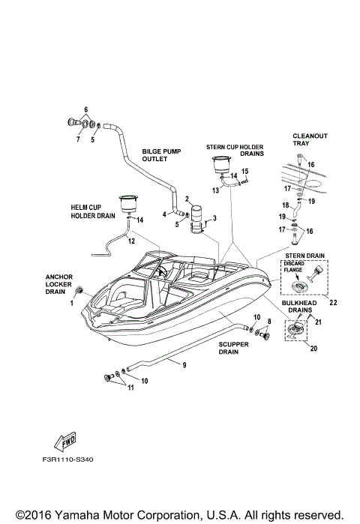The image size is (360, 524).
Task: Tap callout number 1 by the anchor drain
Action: click(72, 302)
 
